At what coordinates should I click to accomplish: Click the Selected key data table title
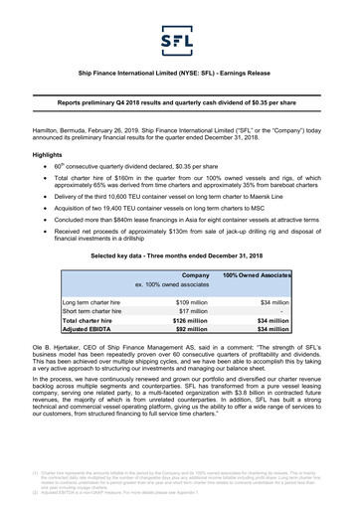coord(179,255)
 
